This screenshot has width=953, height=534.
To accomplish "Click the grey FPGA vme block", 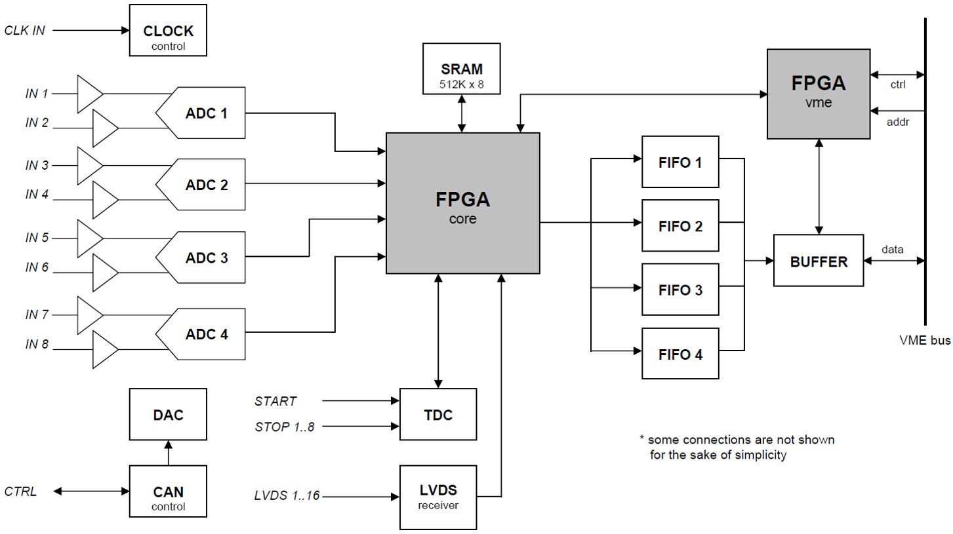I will point(818,93).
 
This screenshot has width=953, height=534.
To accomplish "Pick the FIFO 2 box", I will point(680,226).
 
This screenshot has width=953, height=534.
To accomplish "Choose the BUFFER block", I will point(819,261).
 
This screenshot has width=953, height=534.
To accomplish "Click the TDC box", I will point(438,414).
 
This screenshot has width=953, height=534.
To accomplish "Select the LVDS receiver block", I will point(438,496).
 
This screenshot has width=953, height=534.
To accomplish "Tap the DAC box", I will point(168,414).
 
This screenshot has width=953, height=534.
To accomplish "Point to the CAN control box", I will point(168,496).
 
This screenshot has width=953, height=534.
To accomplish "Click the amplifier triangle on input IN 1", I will point(90,93).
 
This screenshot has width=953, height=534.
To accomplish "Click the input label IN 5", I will point(37,238).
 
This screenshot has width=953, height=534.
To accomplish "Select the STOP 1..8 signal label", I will point(285,427).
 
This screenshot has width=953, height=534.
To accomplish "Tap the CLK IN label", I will point(25,30).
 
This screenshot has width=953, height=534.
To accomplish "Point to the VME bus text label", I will point(923,341).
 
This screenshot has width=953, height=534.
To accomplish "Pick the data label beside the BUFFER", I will point(892,249).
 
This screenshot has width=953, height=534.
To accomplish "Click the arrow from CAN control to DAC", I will point(168,452).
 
